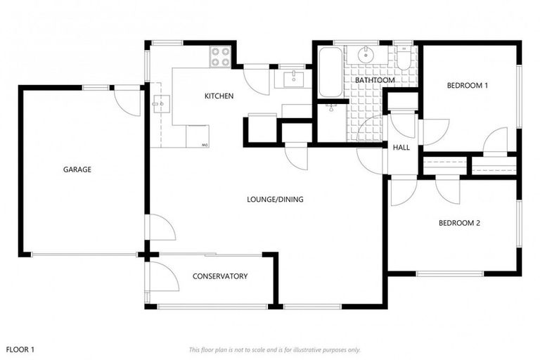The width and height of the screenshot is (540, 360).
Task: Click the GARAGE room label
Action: tap(77, 169)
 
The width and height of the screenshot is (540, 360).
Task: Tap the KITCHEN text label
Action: tap(219, 96)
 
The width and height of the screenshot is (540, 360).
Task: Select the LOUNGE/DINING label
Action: tap(275, 200)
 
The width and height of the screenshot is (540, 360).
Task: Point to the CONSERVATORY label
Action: tap(220, 276)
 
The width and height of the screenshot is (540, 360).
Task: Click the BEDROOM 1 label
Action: tap(468, 86)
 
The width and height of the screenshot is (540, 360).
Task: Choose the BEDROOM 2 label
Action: tap(459, 224)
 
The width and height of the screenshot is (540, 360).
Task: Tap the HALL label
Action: tap(401, 148)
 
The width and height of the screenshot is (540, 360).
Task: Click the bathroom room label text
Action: tap(374, 81)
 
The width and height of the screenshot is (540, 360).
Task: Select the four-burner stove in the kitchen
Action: tap(220, 56)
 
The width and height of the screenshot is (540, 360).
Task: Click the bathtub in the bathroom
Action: tap(329, 72)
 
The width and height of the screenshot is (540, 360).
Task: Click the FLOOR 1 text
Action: tap(20, 349)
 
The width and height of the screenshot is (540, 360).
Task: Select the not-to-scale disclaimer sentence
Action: tap(275, 349)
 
